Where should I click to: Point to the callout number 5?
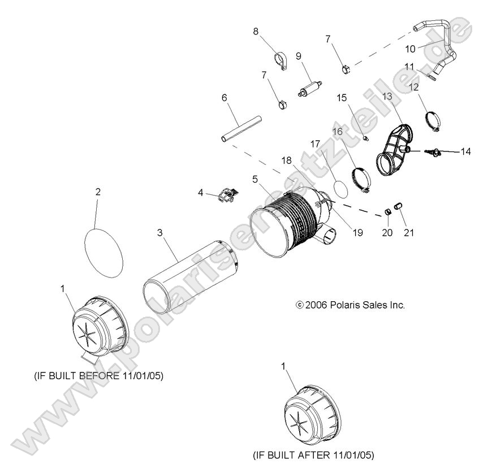255,179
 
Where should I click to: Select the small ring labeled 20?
389,211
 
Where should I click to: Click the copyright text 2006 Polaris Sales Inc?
351,305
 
